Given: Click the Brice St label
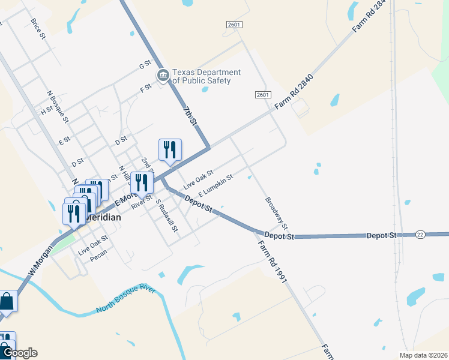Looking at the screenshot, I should tap(38, 28).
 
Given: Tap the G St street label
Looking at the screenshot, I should tap(144, 65).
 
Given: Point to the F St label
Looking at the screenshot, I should tap(145, 88).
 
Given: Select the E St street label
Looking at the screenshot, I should tap(64, 141).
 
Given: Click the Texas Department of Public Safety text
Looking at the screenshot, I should tap(206, 77).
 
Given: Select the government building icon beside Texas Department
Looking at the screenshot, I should tap(162, 76).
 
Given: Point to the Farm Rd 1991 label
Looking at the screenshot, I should tap(270, 262).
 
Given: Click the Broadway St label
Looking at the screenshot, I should tap(276, 214).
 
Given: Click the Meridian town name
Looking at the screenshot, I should tap(103, 218).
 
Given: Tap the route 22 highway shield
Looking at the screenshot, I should tap(420, 235).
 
